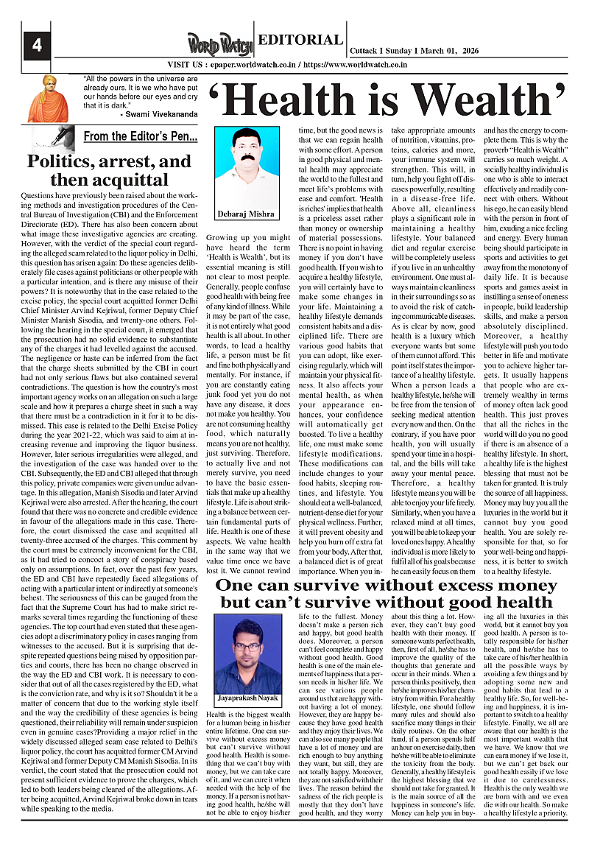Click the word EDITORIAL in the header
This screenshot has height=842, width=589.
point(301,41)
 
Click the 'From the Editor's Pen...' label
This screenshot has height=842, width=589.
point(140,136)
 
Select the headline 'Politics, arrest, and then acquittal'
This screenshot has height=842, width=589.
point(108,170)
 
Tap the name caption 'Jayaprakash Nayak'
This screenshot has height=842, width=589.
point(248,697)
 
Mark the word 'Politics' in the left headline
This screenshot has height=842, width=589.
point(62,161)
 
